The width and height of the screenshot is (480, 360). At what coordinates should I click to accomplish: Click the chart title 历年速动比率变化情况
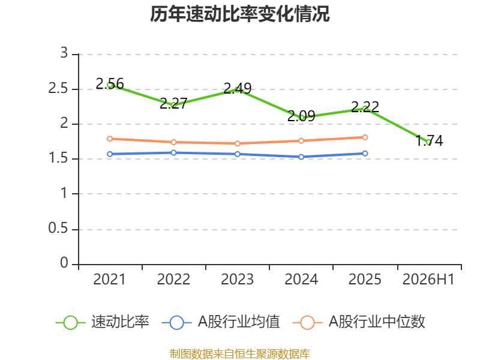pos(239,14)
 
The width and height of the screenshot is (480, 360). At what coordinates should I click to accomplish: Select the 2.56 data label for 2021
pos(110,83)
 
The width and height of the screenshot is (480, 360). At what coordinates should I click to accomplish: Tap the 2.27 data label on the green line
pos(173,103)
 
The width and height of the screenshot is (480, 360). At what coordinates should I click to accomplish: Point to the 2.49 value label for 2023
pos(237,88)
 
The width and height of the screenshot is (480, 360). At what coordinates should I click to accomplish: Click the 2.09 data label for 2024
pos(301,116)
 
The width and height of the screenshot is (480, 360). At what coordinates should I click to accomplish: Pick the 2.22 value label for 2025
pos(365,107)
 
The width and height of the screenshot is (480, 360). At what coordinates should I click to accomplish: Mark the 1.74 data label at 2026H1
pos(429,140)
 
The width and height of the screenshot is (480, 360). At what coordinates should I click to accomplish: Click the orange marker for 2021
pos(110,139)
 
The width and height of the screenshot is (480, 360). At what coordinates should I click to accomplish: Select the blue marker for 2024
pos(301,157)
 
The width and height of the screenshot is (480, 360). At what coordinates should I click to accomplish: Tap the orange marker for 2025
pos(365,137)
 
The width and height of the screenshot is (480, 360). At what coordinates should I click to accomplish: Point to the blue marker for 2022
pos(173,152)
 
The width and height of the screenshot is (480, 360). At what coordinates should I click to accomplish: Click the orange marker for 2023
pos(237,143)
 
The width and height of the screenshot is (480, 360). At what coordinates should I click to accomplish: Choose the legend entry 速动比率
pos(102,322)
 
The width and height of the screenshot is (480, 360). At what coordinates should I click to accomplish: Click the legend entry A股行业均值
pos(221,322)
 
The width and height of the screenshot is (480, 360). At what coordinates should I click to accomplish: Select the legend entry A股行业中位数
pos(359,322)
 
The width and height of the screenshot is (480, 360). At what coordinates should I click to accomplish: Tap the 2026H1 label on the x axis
pos(428,279)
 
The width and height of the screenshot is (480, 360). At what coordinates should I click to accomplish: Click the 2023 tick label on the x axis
pos(237,279)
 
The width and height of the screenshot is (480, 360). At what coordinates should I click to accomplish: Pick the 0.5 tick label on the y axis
pos(58,228)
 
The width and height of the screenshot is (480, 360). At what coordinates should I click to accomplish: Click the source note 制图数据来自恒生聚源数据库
pos(239,354)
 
